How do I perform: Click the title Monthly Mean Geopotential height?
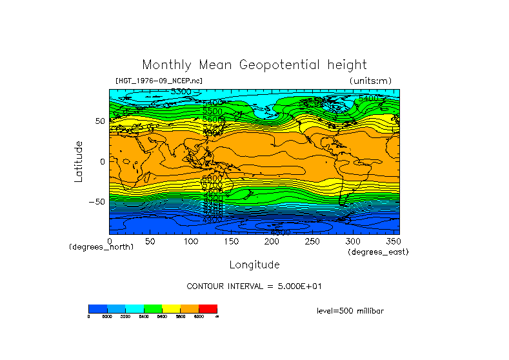254,65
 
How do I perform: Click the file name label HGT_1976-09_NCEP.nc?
158,81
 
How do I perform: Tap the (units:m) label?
370,81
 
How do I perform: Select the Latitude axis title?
78,161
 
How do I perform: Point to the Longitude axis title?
254,265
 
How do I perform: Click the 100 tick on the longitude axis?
191,241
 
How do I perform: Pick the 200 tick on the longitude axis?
272,241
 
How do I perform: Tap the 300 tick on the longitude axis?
353,241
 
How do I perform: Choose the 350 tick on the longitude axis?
392,241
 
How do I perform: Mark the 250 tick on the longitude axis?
312,241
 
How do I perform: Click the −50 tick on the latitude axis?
96,202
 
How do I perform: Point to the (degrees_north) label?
101,247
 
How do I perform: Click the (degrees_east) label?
378,252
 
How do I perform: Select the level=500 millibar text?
350,311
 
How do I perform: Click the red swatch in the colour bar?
208,309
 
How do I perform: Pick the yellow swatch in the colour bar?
171,309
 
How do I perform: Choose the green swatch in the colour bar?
153,309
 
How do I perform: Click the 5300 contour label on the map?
181,92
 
